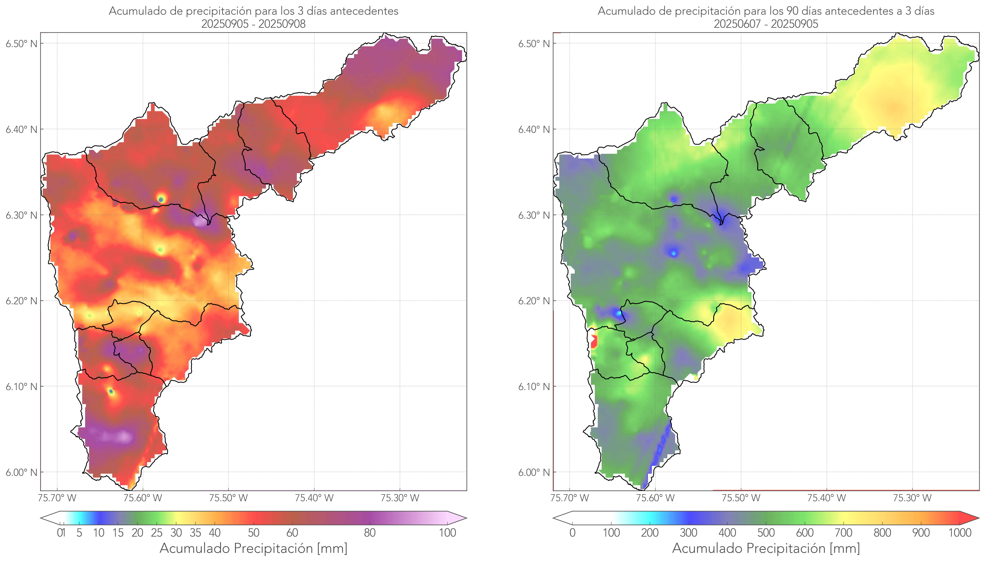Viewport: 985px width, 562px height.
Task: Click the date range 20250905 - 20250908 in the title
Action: pyautogui.click(x=253, y=24)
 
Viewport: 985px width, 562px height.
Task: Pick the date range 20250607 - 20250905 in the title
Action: pyautogui.click(x=766, y=24)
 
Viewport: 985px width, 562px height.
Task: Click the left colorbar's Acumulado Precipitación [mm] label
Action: pyautogui.click(x=253, y=548)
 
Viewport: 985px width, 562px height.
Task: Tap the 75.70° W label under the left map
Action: pyautogui.click(x=57, y=498)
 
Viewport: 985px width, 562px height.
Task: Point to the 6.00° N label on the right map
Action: pyautogui.click(x=534, y=473)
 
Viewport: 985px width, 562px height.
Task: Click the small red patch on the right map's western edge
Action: pyautogui.click(x=594, y=342)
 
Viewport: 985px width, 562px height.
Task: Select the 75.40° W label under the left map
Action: pyautogui.click(x=314, y=498)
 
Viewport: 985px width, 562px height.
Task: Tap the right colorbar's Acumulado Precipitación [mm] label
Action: pyautogui.click(x=766, y=548)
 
